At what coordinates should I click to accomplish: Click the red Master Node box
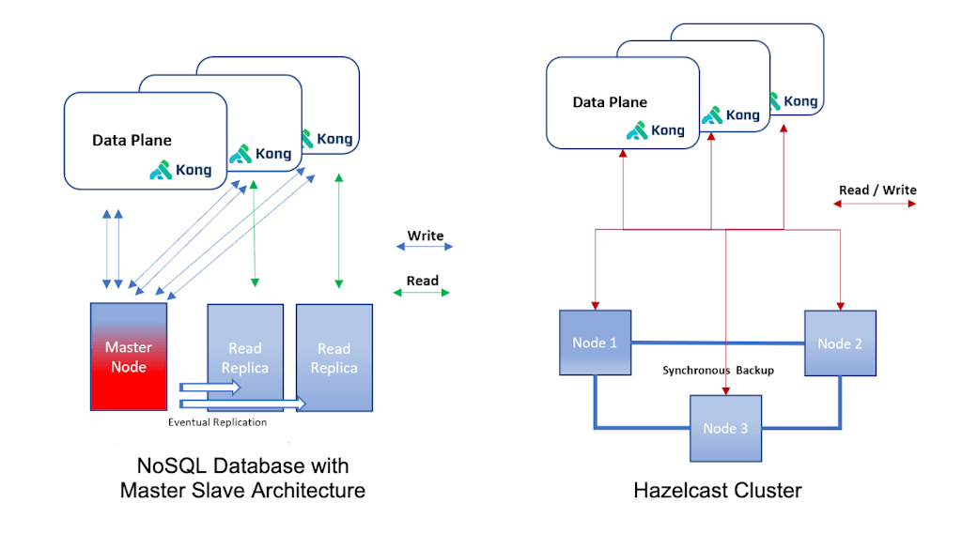pyautogui.click(x=129, y=357)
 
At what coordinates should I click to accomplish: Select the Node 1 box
pyautogui.click(x=595, y=343)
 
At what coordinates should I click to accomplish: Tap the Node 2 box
pyautogui.click(x=840, y=343)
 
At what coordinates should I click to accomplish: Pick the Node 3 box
pyautogui.click(x=726, y=428)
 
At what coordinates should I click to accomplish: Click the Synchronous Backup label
pyautogui.click(x=719, y=370)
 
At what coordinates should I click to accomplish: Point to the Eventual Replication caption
pyautogui.click(x=217, y=422)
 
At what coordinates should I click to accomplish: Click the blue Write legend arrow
pyautogui.click(x=425, y=247)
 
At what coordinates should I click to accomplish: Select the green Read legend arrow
pyautogui.click(x=422, y=293)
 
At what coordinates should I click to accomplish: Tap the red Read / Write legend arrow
pyautogui.click(x=877, y=203)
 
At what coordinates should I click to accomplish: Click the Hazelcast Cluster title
pyautogui.click(x=718, y=490)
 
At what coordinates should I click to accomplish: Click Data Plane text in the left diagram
pyautogui.click(x=132, y=141)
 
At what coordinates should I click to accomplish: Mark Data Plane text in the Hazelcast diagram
pyautogui.click(x=610, y=102)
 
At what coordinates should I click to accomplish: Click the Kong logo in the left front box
pyautogui.click(x=180, y=170)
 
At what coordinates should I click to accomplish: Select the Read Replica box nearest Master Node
pyautogui.click(x=245, y=358)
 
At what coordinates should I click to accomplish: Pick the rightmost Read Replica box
pyautogui.click(x=334, y=358)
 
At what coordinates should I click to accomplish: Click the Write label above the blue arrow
pyautogui.click(x=426, y=236)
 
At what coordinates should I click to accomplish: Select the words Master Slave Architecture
pyautogui.click(x=242, y=490)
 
